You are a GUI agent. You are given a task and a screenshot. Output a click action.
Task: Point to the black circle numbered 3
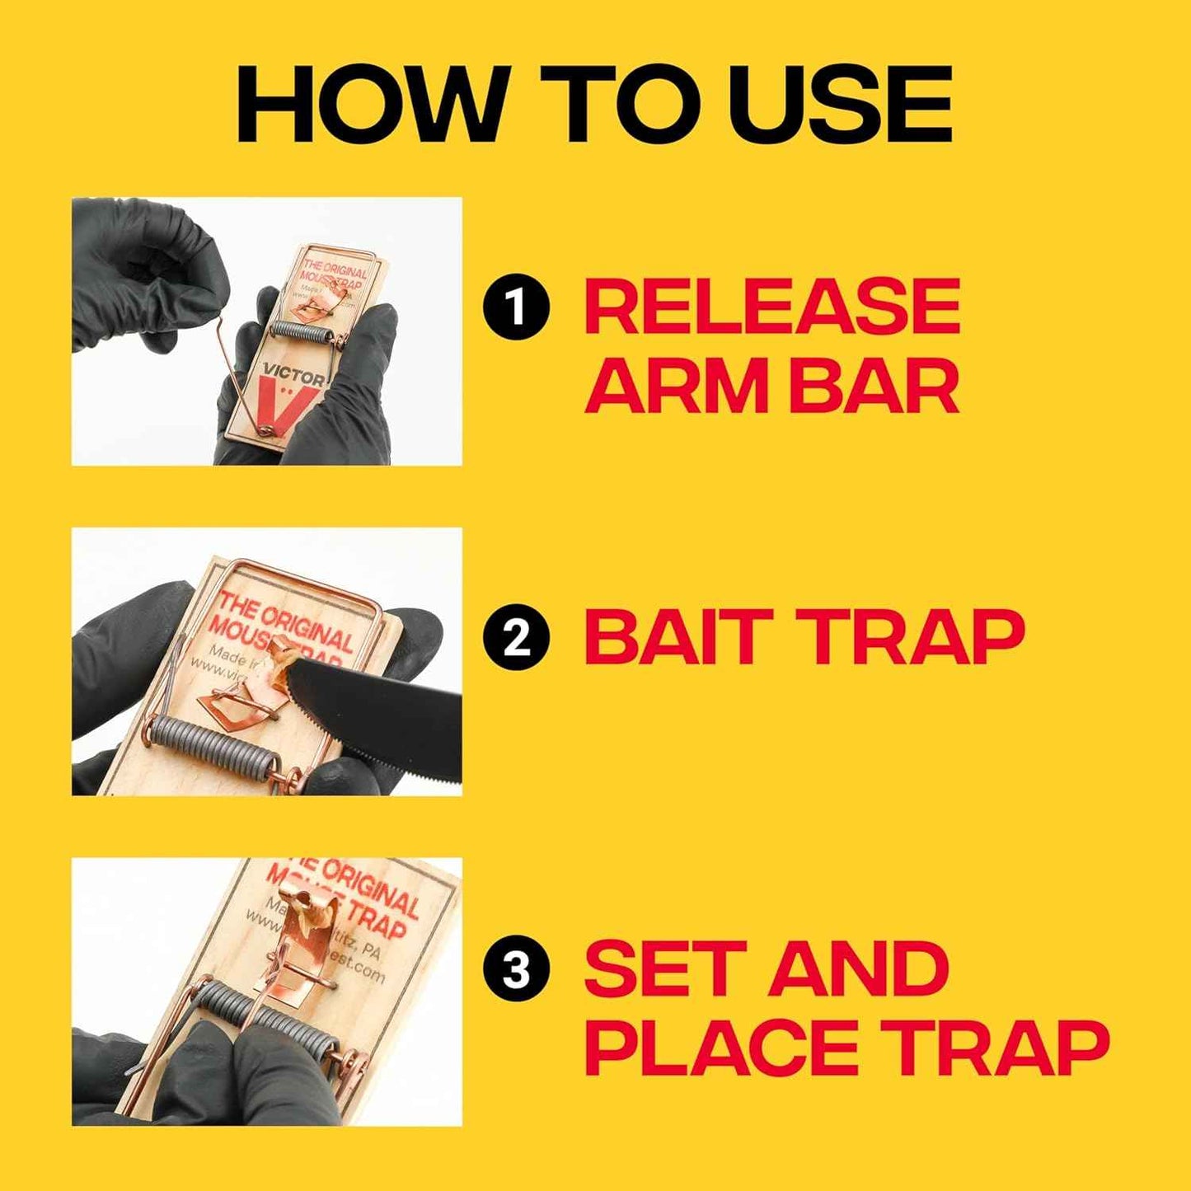516,971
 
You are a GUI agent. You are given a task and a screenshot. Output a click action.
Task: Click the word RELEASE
772,307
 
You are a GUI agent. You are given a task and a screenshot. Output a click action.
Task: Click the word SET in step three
659,969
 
